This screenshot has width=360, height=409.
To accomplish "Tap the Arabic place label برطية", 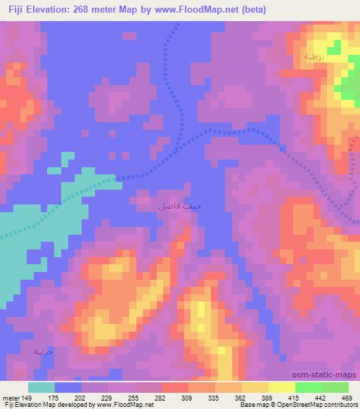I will tap(316, 56).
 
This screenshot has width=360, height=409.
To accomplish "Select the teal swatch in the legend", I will tap(41, 387).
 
